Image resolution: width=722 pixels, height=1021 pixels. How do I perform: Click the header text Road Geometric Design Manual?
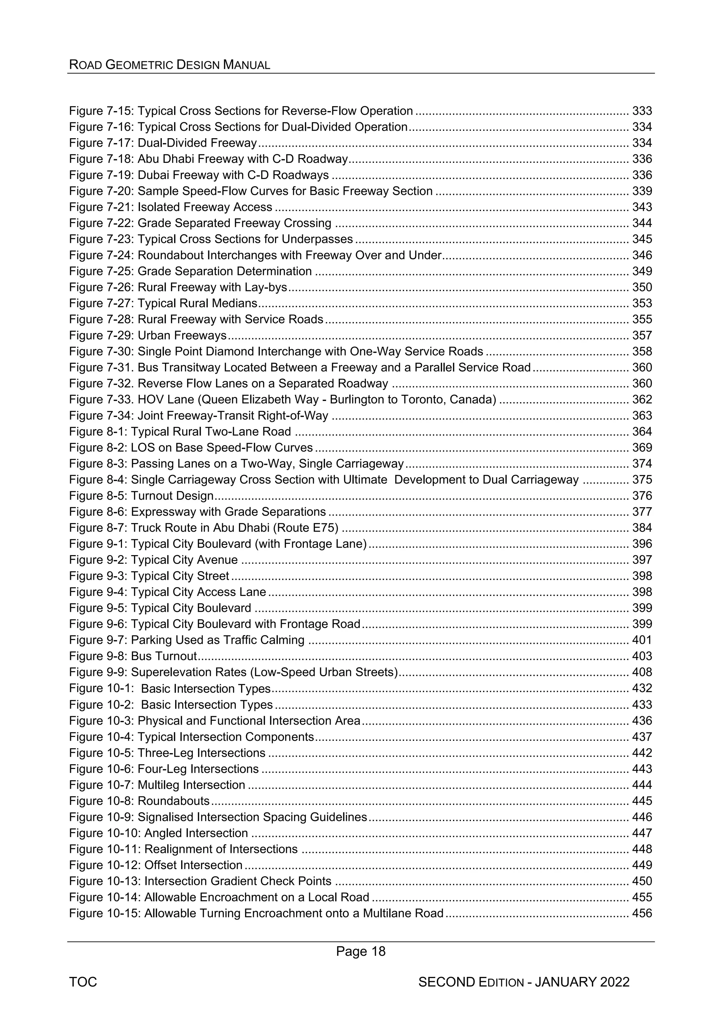click(x=170, y=65)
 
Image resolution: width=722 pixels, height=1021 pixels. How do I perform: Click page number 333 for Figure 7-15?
click(x=642, y=111)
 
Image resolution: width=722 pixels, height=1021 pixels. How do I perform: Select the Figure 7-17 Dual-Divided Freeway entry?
click(x=163, y=143)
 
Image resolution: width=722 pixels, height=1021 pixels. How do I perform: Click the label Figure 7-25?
click(x=102, y=271)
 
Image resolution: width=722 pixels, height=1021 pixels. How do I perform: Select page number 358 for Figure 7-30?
click(x=642, y=351)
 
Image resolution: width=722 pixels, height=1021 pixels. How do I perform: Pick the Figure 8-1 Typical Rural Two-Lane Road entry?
click(x=180, y=431)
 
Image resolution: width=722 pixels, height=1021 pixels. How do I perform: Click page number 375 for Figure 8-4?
click(x=642, y=479)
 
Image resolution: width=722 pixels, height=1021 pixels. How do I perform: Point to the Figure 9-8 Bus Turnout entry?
click(x=133, y=656)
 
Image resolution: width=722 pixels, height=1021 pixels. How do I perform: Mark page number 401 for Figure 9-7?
click(x=642, y=640)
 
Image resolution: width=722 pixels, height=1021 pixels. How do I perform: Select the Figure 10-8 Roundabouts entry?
click(x=139, y=801)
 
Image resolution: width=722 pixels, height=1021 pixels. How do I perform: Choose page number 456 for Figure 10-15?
click(x=642, y=913)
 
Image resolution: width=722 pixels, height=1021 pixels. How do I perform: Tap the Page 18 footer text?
click(x=361, y=951)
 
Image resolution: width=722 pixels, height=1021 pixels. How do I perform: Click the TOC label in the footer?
click(x=83, y=982)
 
